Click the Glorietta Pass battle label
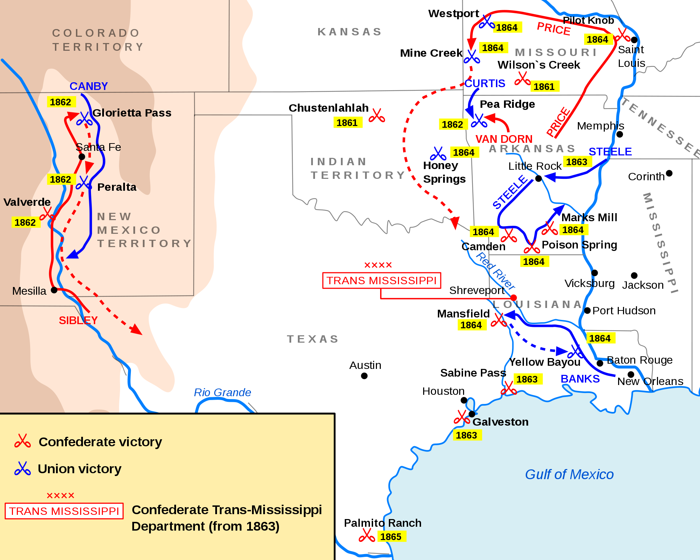coord(132,113)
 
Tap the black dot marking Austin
coord(364,376)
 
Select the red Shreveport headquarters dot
coord(513,298)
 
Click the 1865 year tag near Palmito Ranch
coord(391,537)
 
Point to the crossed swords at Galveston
coord(461,417)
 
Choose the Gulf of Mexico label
coord(569,475)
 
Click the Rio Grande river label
coord(222,392)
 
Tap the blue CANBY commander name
coord(89,86)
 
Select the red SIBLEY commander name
coord(78,320)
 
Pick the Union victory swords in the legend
coord(22,469)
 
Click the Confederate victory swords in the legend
coord(22,441)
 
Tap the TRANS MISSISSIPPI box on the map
coord(381,281)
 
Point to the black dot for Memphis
coord(619,134)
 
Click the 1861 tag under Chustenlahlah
coord(347,123)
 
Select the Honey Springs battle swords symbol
coord(438,154)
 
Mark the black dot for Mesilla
coord(54,290)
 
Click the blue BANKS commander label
coord(580,379)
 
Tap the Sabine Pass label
coord(473,373)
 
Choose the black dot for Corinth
coord(669,173)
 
